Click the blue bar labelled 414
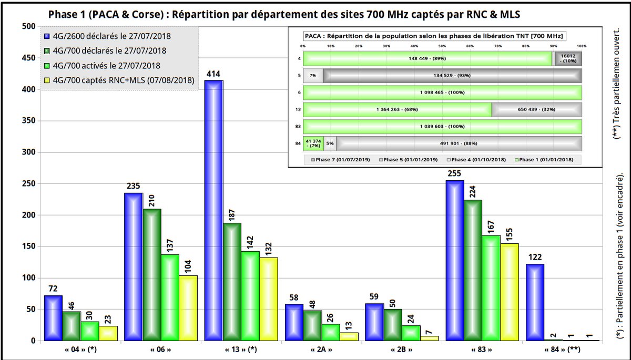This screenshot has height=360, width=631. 213,210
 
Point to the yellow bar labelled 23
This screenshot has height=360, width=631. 108,333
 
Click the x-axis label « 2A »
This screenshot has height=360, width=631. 320,350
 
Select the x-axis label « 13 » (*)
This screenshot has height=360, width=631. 240,350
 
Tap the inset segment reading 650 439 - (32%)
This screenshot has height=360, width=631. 536,109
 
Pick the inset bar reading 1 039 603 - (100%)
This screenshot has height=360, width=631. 442,127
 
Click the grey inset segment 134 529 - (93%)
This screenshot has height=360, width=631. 452,75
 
